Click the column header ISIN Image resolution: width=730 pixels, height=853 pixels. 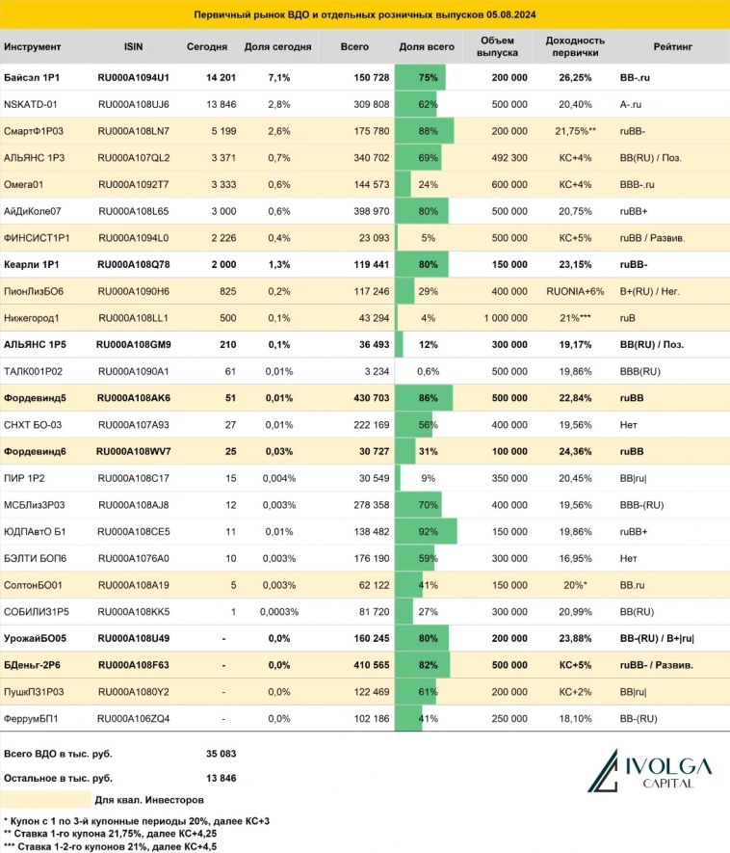(x=133, y=45)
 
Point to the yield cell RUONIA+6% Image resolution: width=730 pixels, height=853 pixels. (x=575, y=290)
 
